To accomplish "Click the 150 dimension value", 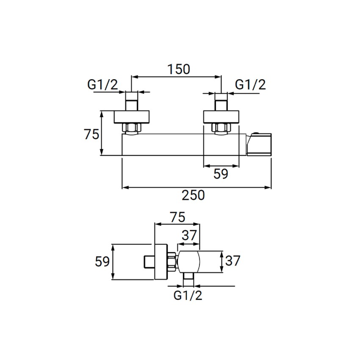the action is click(179, 69).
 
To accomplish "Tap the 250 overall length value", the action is click(193, 195).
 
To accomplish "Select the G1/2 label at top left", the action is click(102, 84).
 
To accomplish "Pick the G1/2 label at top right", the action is click(250, 84).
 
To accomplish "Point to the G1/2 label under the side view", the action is click(188, 295).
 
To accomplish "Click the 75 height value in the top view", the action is click(91, 134).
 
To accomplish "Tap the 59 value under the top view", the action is click(221, 174).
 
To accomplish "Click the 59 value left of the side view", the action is click(102, 261).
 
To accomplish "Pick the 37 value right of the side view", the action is click(233, 260).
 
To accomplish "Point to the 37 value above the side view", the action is click(189, 235).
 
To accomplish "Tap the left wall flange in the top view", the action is click(132, 117).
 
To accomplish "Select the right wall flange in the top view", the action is click(222, 117).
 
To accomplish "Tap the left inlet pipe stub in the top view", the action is click(132, 101).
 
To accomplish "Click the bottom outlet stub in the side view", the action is click(188, 280).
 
